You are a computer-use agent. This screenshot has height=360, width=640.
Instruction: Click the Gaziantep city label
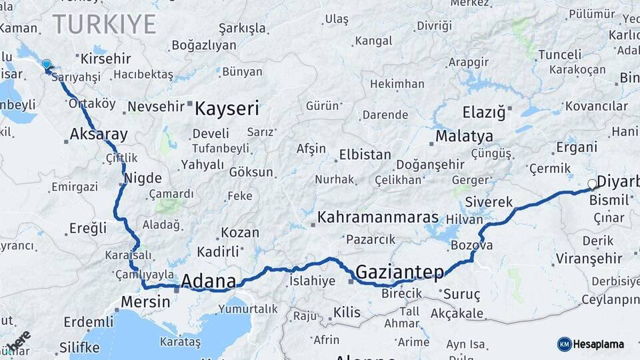tap(399, 272)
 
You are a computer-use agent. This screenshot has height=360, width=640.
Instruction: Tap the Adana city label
tap(208, 280)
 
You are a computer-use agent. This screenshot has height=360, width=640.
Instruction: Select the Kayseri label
tap(227, 108)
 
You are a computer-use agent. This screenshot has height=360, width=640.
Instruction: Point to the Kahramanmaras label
tap(378, 217)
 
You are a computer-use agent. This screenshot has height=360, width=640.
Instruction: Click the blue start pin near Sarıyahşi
tap(46, 65)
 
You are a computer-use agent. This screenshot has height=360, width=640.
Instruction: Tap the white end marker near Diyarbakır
tap(591, 184)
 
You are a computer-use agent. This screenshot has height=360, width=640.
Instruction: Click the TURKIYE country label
tap(105, 24)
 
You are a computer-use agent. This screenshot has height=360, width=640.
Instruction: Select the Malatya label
tap(464, 137)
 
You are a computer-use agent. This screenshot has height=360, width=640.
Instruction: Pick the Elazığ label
tap(484, 112)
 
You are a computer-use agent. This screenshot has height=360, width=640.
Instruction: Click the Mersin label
tap(145, 301)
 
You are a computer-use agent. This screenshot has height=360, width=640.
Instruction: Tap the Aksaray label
tap(99, 134)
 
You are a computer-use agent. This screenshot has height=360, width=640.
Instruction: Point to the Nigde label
tap(143, 178)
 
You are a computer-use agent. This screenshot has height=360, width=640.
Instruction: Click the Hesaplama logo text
tap(598, 344)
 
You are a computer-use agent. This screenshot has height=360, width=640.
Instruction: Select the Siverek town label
tap(489, 201)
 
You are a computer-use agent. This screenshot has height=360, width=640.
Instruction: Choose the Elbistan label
tap(365, 155)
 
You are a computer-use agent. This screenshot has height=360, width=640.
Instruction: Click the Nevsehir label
tap(155, 107)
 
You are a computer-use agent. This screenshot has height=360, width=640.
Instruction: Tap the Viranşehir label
tap(589, 259)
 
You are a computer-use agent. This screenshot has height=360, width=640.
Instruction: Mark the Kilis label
tap(347, 312)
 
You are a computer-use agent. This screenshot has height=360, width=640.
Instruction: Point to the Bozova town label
tap(471, 245)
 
